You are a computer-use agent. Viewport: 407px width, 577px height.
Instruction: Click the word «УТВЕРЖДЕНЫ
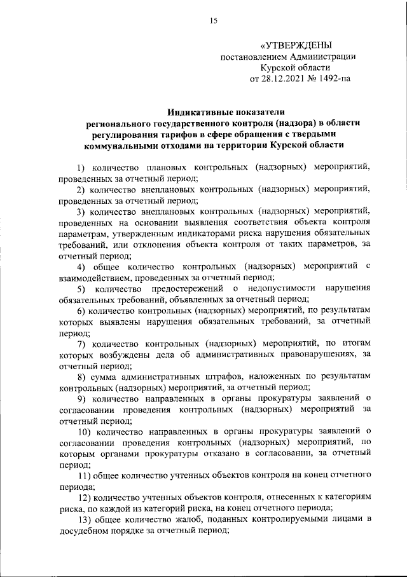pyautogui.click(x=296, y=44)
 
